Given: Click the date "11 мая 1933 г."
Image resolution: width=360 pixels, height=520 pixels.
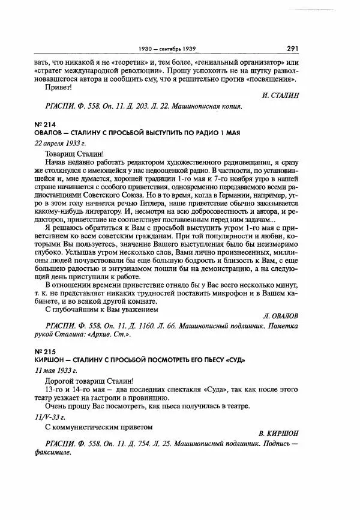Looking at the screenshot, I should [57, 370].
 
